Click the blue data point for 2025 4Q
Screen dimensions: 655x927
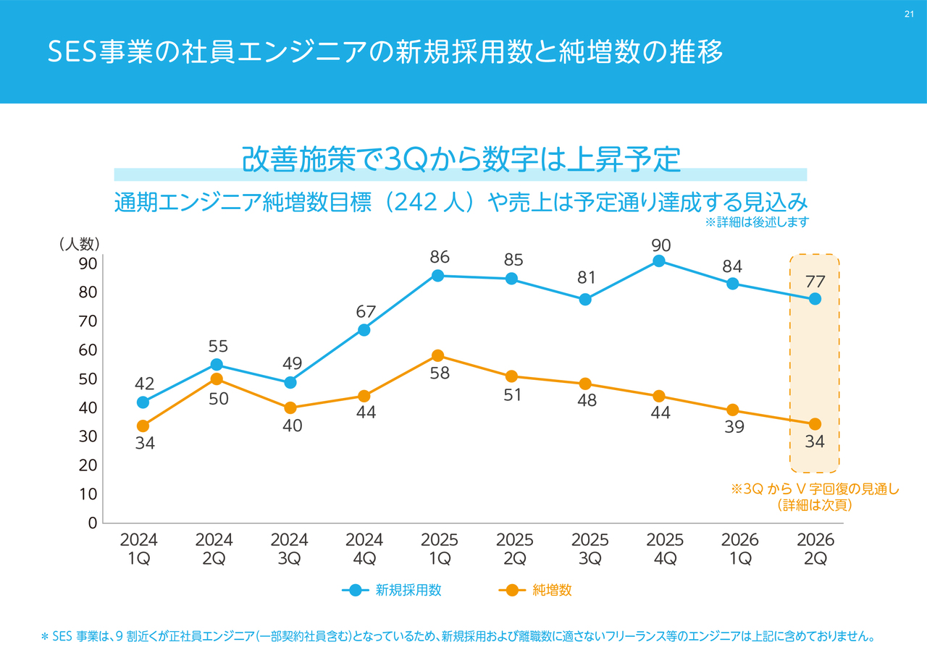pyautogui.click(x=659, y=261)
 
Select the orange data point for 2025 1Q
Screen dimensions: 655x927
pyautogui.click(x=437, y=355)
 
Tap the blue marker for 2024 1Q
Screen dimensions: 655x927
pyautogui.click(x=143, y=402)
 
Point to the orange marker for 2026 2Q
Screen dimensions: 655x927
pyautogui.click(x=815, y=424)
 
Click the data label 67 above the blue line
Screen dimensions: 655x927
pyautogui.click(x=366, y=312)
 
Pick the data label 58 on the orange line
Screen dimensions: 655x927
pyautogui.click(x=440, y=373)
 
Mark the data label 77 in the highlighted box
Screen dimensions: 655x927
pyautogui.click(x=815, y=281)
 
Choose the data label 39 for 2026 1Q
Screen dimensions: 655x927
pyautogui.click(x=734, y=427)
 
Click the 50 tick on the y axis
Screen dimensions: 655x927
pyautogui.click(x=88, y=379)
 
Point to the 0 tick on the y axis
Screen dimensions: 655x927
pyautogui.click(x=92, y=523)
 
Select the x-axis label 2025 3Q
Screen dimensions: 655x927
pyautogui.click(x=590, y=549)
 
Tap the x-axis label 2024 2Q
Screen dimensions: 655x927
pyautogui.click(x=214, y=549)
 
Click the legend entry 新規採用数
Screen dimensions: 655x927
pyautogui.click(x=408, y=590)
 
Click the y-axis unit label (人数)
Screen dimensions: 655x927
pyautogui.click(x=79, y=244)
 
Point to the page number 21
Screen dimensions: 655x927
pyautogui.click(x=909, y=14)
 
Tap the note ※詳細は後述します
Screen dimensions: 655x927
pyautogui.click(x=756, y=222)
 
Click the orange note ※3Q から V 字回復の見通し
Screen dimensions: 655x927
pyautogui.click(x=814, y=489)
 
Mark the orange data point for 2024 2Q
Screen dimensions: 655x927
pyautogui.click(x=217, y=379)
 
